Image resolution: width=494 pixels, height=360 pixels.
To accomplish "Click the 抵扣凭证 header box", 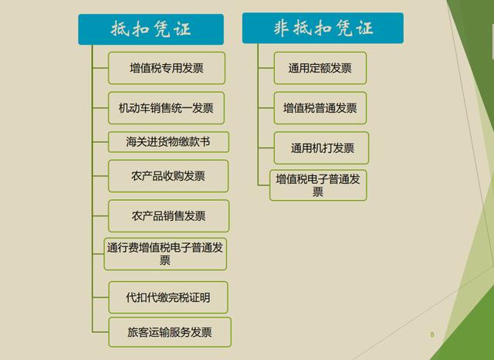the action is pos(151,29).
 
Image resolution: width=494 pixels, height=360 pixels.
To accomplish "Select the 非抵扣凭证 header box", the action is pos(323,29).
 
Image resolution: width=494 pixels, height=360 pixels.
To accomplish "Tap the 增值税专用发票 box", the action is pos(167,68).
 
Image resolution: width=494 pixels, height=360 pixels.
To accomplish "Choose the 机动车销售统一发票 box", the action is pos(167,108).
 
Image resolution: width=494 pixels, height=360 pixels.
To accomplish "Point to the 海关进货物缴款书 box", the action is pos(167,143).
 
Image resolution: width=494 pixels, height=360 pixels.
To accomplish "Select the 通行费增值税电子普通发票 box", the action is pos(165,254).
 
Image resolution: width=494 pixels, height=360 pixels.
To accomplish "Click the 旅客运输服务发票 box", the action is pos(169,332).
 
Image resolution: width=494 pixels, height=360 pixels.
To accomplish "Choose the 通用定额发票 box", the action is pos(320,68).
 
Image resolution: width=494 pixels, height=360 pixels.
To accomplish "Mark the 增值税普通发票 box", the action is pos(320,108).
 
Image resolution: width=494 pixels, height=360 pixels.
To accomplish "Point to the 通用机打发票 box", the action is pos(320,148).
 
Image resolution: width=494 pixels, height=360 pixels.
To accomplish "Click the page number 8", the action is pos(432,335).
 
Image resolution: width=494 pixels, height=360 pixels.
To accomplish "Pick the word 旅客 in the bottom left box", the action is pos(138,332).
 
